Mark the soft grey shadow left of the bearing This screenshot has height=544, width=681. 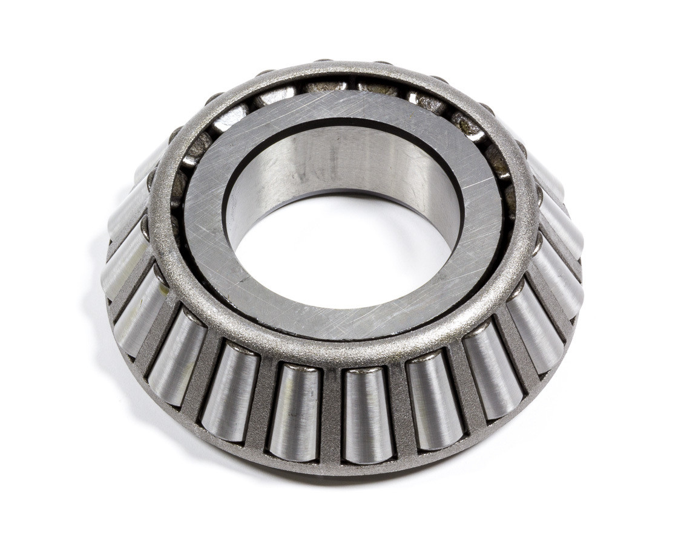pyautogui.click(x=91, y=302)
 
